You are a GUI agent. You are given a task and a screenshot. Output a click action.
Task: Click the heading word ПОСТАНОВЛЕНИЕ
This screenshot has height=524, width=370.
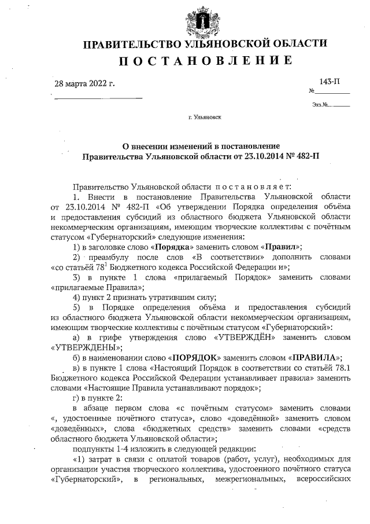[x=205, y=61]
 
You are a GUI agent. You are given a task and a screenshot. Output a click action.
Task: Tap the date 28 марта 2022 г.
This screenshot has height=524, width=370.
[x=84, y=83]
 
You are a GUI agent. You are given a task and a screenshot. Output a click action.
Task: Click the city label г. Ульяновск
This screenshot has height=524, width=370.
[x=204, y=117]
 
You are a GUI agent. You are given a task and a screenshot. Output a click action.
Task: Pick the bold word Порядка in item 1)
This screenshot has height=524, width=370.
[x=172, y=246]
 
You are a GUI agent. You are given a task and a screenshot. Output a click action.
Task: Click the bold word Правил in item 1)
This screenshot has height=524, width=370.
[x=281, y=246]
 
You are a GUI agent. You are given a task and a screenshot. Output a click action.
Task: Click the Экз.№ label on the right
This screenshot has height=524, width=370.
[x=320, y=105]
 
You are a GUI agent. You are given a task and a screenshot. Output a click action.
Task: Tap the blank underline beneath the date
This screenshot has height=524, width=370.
[x=98, y=98]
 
